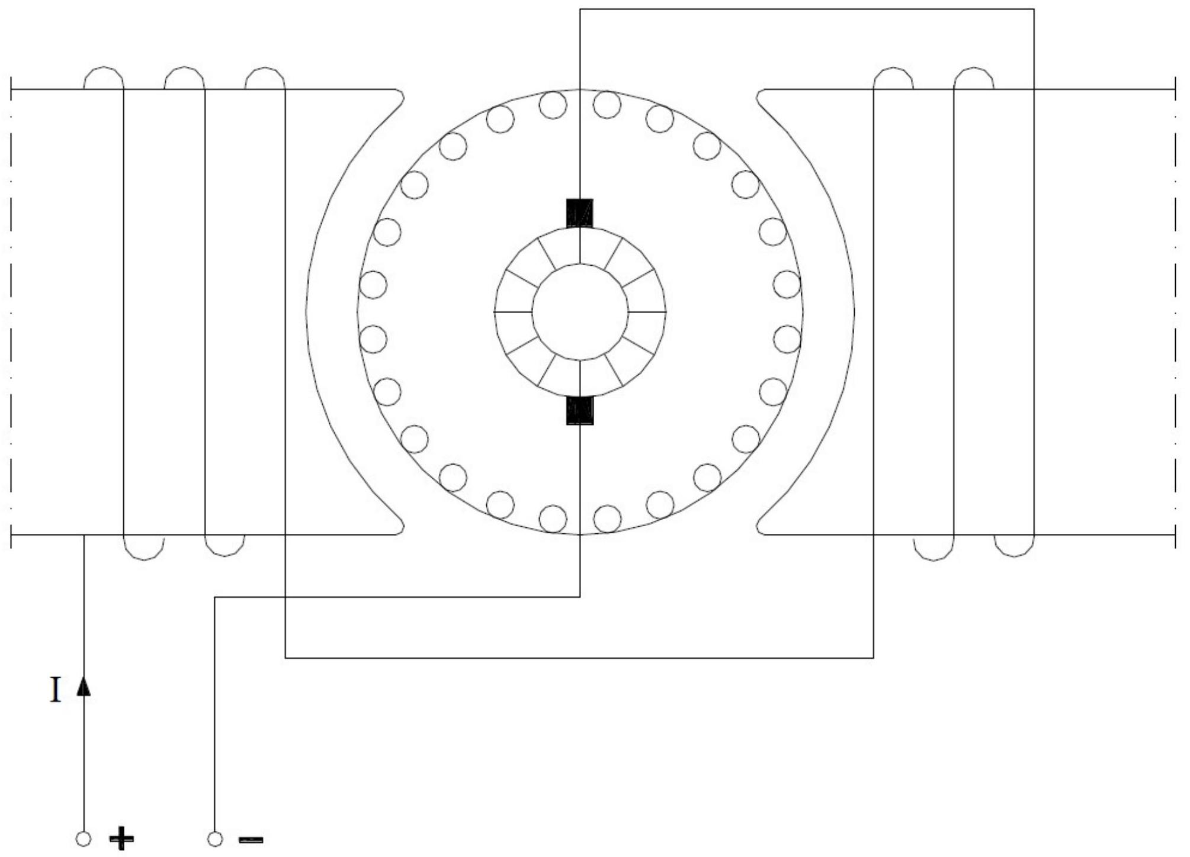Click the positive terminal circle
[x=84, y=839]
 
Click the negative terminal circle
[x=215, y=839]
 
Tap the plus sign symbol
[x=121, y=839]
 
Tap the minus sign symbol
[x=251, y=839]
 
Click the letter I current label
[x=56, y=690]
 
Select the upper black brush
[x=580, y=213]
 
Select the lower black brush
[x=580, y=410]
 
